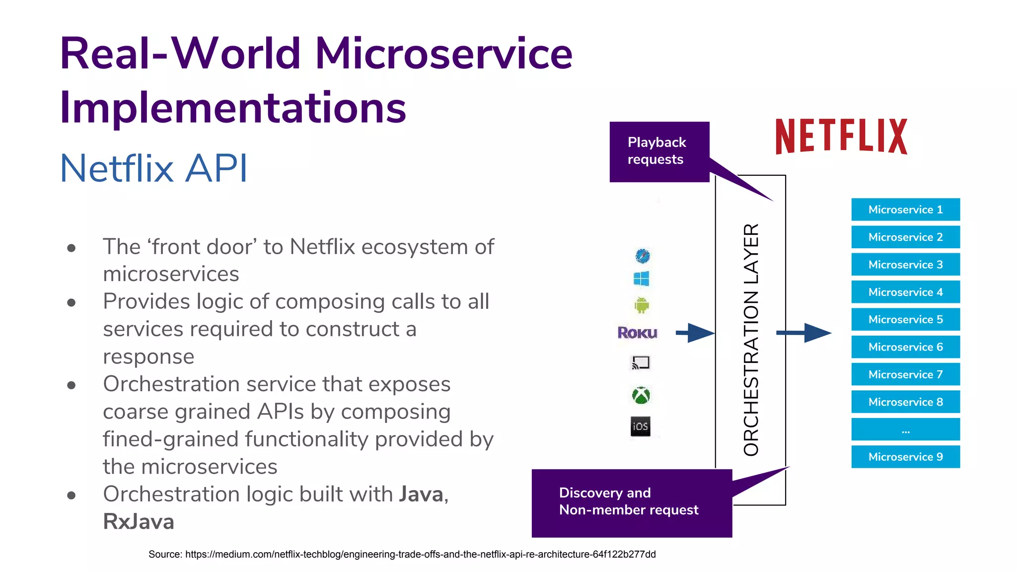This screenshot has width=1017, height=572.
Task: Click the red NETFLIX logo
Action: pyautogui.click(x=841, y=136)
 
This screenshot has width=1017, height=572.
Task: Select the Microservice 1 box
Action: pyautogui.click(x=905, y=210)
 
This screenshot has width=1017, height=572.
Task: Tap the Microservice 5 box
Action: pyautogui.click(x=905, y=319)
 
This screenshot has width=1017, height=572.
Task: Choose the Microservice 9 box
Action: pyautogui.click(x=905, y=457)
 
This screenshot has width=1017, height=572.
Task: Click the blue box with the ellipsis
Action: pyautogui.click(x=905, y=429)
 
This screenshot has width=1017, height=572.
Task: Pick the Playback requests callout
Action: pyautogui.click(x=659, y=151)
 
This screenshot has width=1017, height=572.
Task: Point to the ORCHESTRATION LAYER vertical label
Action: pyautogui.click(x=751, y=340)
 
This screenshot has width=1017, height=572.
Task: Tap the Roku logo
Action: pyautogui.click(x=637, y=333)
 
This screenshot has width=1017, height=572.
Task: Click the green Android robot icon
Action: pyautogui.click(x=642, y=305)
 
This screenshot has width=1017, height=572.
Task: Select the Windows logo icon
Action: pyautogui.click(x=641, y=279)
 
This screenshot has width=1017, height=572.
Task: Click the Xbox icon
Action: pyautogui.click(x=641, y=396)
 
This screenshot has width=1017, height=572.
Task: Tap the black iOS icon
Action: pyautogui.click(x=641, y=427)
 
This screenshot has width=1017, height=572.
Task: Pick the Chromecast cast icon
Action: pyautogui.click(x=641, y=363)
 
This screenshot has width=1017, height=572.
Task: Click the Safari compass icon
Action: pyautogui.click(x=643, y=256)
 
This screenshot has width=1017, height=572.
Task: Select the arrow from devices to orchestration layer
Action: pyautogui.click(x=695, y=333)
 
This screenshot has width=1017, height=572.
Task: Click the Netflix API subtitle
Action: pyautogui.click(x=153, y=168)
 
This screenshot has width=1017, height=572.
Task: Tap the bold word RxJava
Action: pyautogui.click(x=139, y=522)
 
